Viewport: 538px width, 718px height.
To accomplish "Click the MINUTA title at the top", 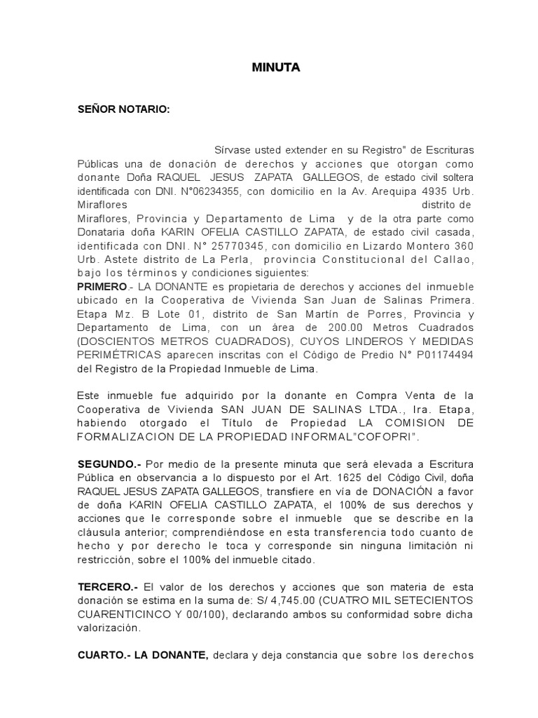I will click(275, 68).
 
